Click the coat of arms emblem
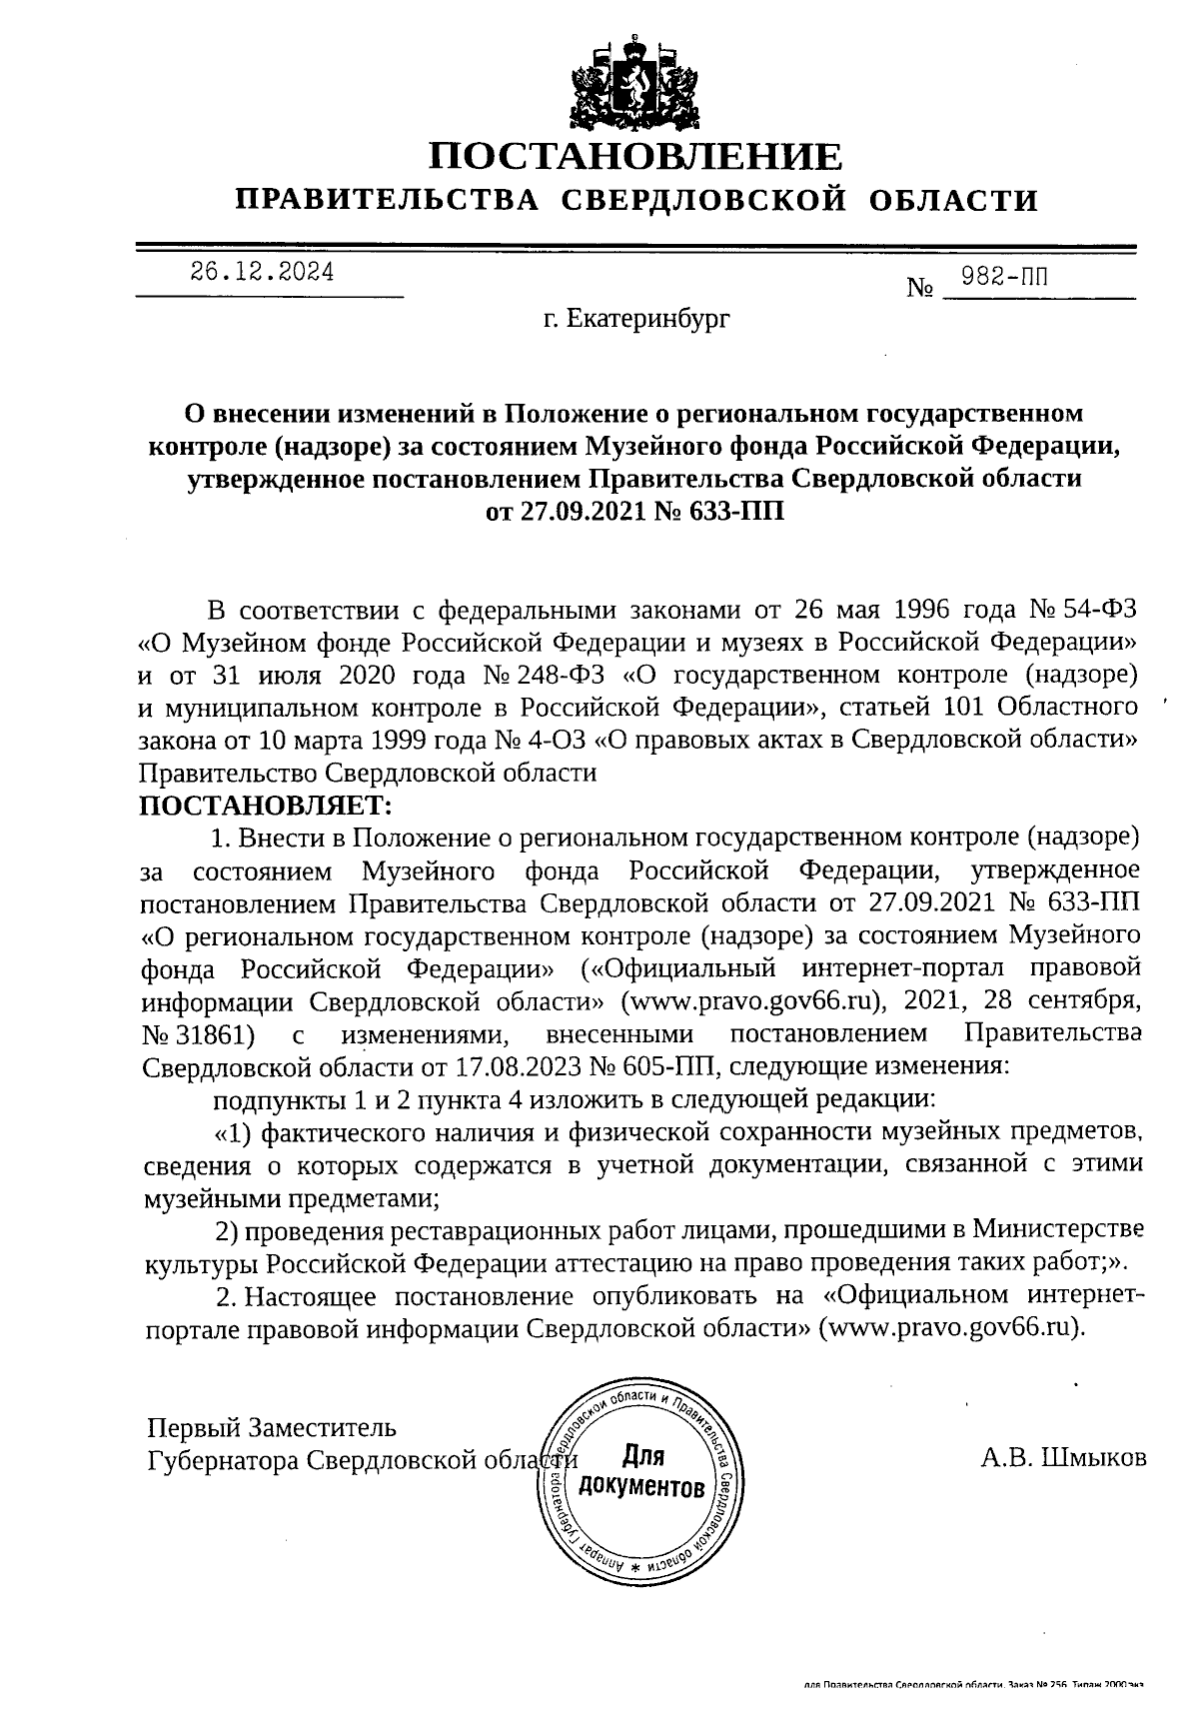click(635, 85)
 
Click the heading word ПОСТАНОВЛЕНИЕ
click(635, 157)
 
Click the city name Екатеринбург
click(636, 320)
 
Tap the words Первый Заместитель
click(272, 1426)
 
